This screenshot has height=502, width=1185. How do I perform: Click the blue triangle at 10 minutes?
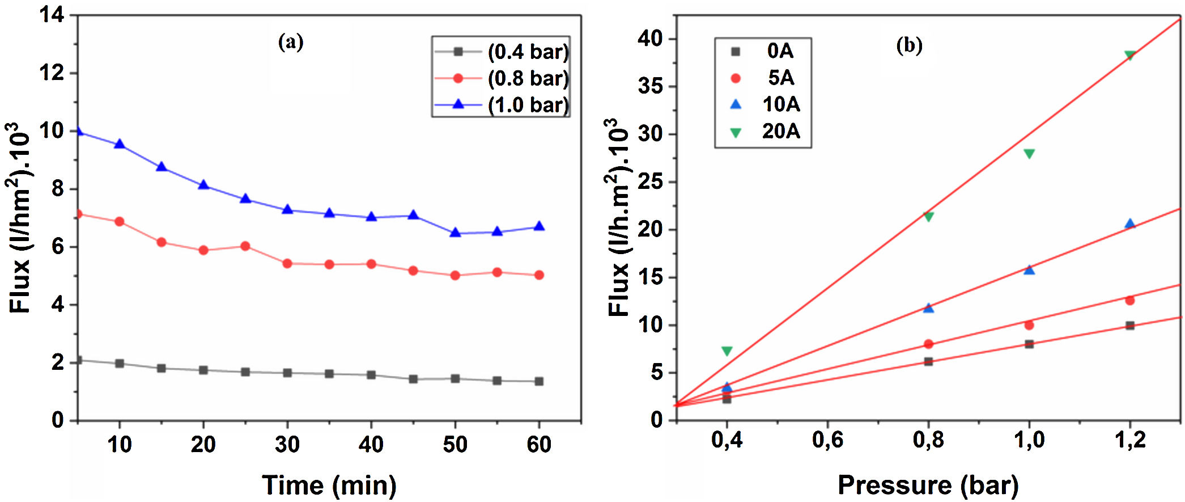(x=120, y=144)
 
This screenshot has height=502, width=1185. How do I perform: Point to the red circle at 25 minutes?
(x=245, y=246)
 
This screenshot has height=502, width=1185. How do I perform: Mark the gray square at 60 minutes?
(x=539, y=381)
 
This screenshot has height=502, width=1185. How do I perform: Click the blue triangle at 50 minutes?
(x=455, y=233)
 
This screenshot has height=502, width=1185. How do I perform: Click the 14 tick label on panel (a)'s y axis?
(x=51, y=15)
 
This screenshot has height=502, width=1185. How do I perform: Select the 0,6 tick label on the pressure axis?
(x=827, y=440)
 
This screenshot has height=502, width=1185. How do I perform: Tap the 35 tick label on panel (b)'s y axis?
(x=649, y=87)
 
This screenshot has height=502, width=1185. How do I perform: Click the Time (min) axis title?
(x=329, y=486)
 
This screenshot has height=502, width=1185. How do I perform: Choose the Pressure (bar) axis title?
(x=928, y=486)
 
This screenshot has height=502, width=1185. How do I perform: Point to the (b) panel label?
(x=909, y=45)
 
